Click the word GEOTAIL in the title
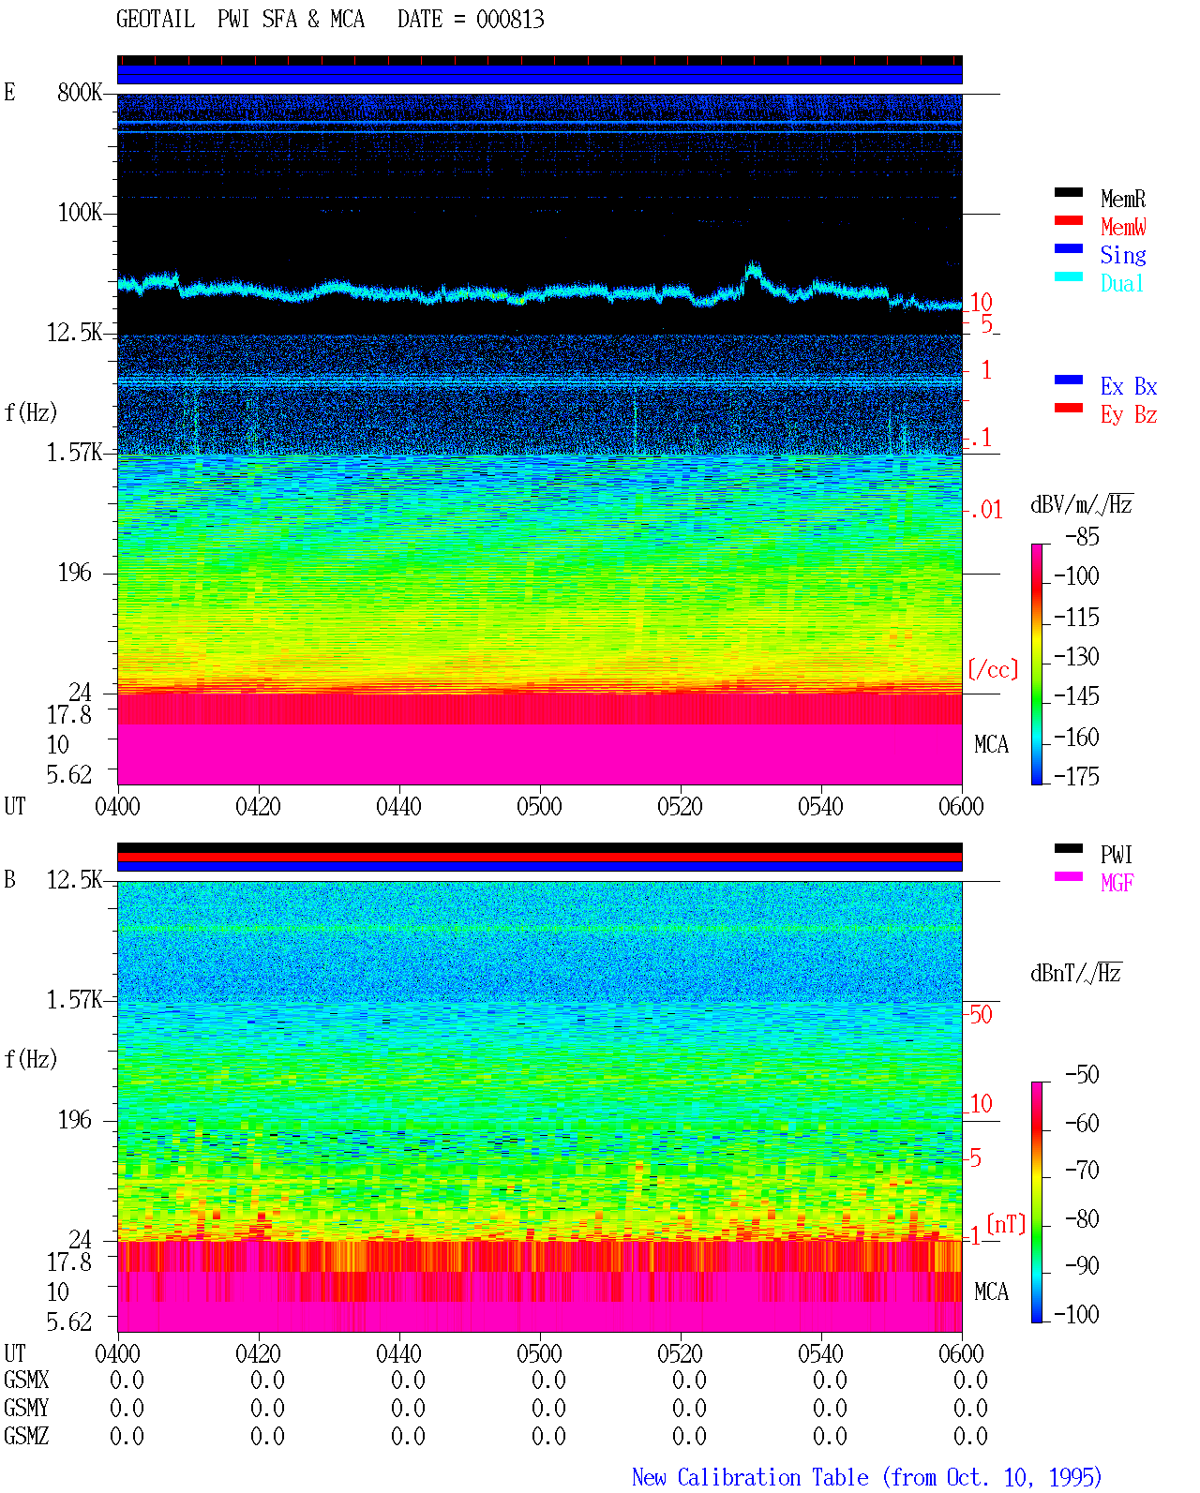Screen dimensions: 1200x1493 point(156,19)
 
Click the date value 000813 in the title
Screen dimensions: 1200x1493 point(509,19)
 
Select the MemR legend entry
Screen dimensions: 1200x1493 point(1122,199)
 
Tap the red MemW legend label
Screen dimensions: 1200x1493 point(1123,226)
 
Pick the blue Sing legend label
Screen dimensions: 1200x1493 point(1122,255)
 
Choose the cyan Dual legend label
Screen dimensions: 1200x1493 point(1121,283)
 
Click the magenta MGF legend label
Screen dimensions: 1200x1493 point(1117,883)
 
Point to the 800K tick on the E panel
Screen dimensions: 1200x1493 point(80,92)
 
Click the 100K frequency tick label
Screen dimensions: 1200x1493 point(80,213)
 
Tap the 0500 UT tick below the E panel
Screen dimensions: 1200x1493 point(539,806)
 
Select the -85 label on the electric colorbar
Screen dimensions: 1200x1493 point(1082,536)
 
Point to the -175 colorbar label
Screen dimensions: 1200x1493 point(1076,776)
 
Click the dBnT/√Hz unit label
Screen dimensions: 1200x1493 point(1075,973)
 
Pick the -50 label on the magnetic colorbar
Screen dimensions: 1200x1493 point(1082,1075)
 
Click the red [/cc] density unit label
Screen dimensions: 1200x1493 point(993,669)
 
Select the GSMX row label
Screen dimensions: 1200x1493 point(26,1380)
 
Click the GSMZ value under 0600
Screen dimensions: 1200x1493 point(970,1436)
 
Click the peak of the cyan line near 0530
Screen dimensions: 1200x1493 point(753,264)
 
